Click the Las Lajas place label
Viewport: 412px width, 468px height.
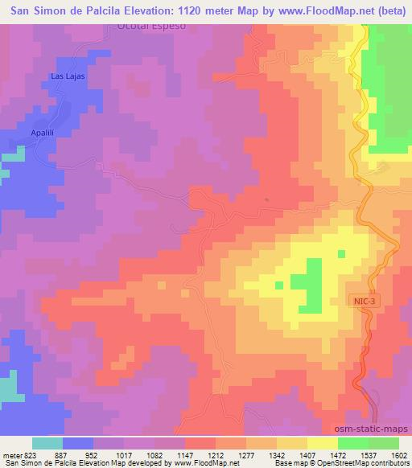(x=68, y=76)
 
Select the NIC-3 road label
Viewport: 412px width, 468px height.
(x=362, y=300)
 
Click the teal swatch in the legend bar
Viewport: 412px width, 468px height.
(x=47, y=442)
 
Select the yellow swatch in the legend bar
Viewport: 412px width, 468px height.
(x=323, y=442)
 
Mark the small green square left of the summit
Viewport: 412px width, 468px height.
(x=278, y=285)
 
